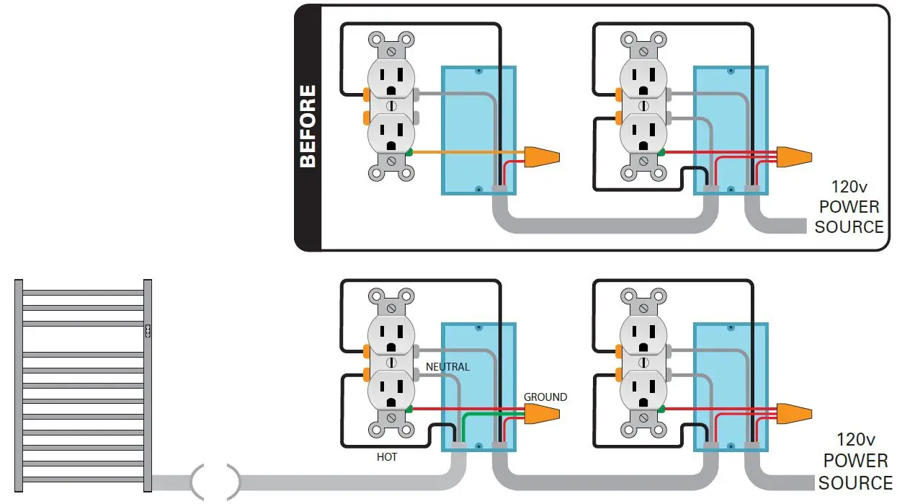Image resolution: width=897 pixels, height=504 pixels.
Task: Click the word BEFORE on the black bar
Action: click(308, 126)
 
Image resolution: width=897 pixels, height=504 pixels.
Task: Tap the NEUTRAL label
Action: click(447, 367)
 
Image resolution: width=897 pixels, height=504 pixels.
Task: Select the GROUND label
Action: click(545, 397)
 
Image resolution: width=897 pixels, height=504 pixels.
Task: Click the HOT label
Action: click(386, 457)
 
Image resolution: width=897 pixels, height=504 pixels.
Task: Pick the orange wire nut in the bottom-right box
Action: click(794, 413)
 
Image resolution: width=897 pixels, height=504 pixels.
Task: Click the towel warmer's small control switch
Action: click(148, 330)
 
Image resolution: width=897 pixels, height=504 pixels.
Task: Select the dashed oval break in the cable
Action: click(215, 481)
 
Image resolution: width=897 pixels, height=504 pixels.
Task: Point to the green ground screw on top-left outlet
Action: click(409, 151)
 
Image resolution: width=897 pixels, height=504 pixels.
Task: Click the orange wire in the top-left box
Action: click(468, 152)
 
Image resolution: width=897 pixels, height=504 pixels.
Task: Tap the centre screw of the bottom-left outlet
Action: click(391, 362)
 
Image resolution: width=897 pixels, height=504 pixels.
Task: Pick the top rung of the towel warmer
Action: click(83, 293)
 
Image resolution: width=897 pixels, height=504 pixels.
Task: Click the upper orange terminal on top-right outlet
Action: click(618, 94)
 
